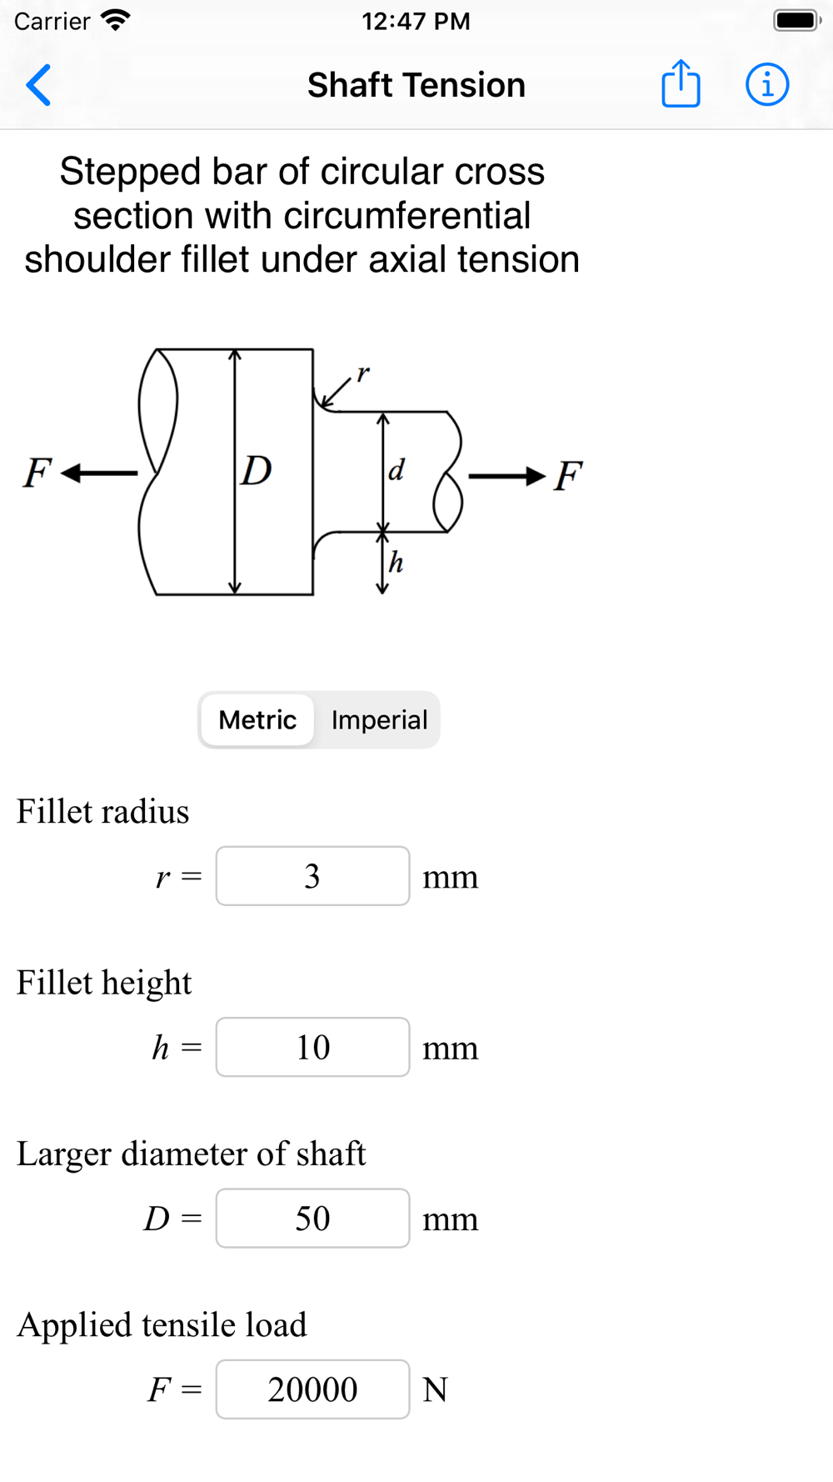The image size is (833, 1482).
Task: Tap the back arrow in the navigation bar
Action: point(38,85)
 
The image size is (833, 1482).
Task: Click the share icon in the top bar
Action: point(681,84)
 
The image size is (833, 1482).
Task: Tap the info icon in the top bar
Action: point(766,84)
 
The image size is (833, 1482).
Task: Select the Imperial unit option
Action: point(379,720)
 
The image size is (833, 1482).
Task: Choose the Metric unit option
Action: point(257,720)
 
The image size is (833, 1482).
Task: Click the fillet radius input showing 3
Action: point(312,876)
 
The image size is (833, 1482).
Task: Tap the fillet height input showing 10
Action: point(312,1047)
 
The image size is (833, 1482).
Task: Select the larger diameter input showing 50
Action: point(312,1219)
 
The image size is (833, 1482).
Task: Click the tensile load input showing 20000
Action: point(312,1389)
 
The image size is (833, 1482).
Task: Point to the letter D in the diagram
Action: point(257,472)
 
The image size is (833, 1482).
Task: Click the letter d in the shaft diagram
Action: point(397,471)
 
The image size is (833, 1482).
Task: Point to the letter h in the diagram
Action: point(397,563)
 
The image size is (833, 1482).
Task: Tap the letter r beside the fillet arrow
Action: point(362,373)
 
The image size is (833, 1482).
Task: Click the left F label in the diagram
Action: point(37,473)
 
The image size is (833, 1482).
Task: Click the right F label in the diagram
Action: point(568,477)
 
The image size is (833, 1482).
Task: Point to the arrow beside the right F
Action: point(506,476)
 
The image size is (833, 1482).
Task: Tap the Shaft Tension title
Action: point(416,85)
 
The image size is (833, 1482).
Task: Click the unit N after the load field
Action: point(436,1390)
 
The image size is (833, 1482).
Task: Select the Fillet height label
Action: point(104,983)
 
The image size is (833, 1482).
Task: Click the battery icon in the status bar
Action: point(796,21)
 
